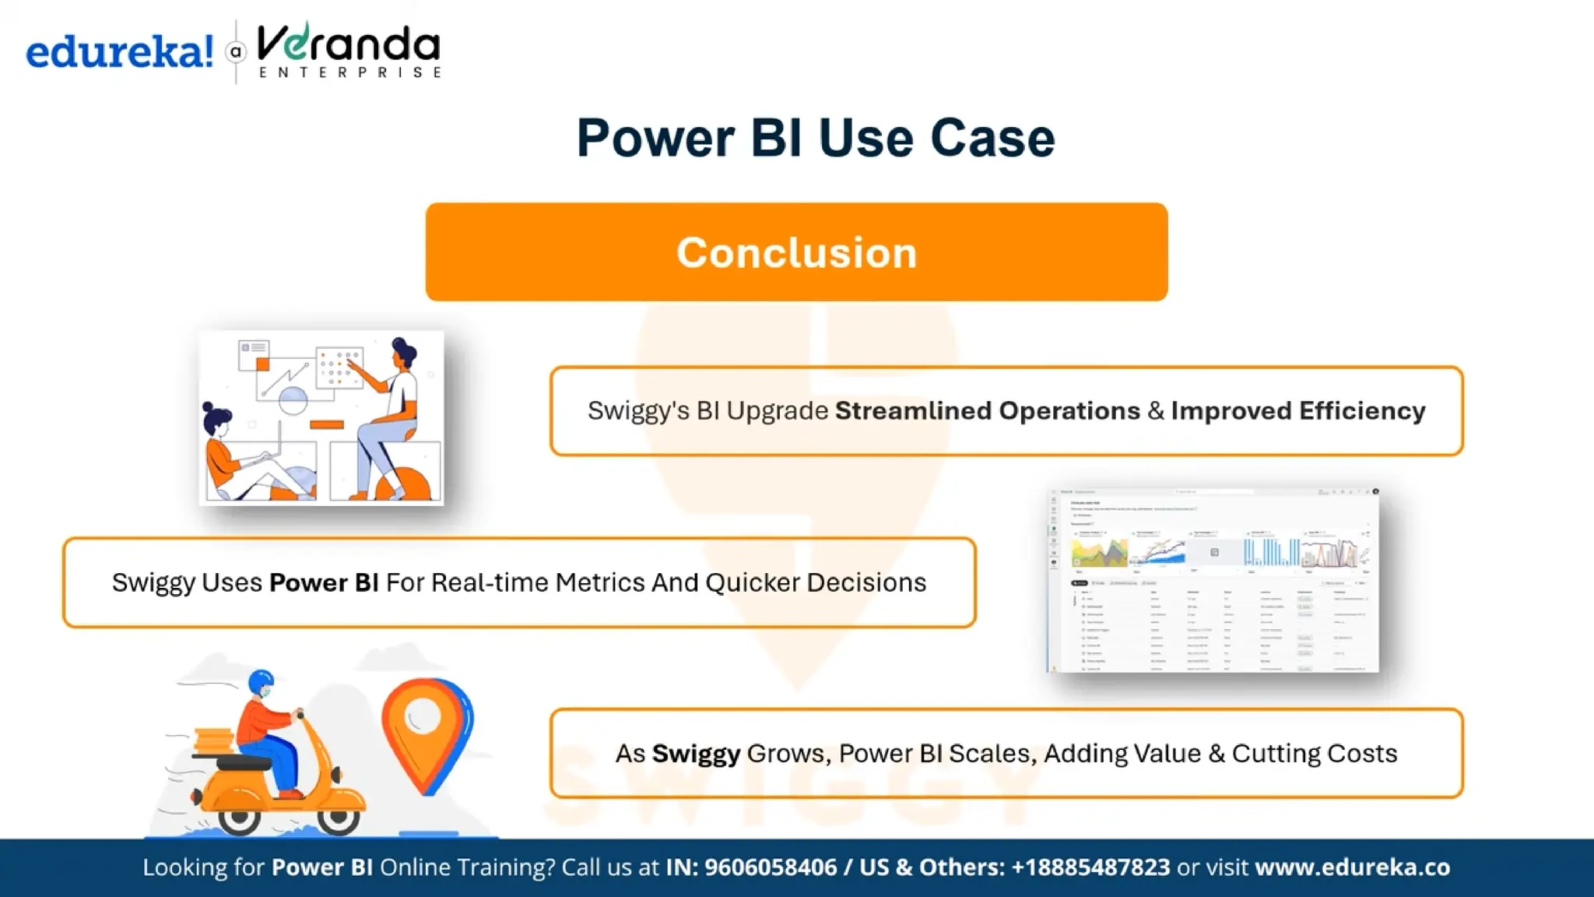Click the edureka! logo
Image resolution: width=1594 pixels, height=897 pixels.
[119, 52]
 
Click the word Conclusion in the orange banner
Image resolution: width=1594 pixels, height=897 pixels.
[796, 252]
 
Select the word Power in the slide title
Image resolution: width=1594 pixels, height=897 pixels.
[655, 139]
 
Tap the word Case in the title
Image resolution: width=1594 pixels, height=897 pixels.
[992, 139]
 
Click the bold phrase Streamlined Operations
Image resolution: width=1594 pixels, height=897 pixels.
[987, 410]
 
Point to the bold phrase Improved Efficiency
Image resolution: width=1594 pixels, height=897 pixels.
[1297, 410]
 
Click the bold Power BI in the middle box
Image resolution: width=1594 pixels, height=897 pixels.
[324, 582]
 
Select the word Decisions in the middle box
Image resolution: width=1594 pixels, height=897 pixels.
[865, 582]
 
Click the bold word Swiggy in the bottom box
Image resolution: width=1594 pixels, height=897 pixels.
[695, 754]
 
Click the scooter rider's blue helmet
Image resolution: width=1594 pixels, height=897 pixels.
[261, 682]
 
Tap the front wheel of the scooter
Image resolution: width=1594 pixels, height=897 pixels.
[339, 817]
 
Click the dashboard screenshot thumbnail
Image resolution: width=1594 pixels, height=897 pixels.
[1213, 581]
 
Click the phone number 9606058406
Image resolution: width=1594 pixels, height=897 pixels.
[770, 867]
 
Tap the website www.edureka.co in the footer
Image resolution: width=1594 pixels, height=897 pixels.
[1352, 867]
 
